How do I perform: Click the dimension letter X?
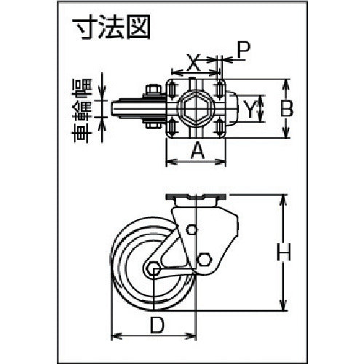pyautogui.click(x=193, y=63)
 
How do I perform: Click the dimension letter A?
pyautogui.click(x=196, y=151)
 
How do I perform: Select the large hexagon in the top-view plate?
pyautogui.click(x=196, y=108)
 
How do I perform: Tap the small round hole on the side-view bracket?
pyautogui.click(x=191, y=231)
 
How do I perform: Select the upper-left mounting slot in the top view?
pyautogui.click(x=172, y=89)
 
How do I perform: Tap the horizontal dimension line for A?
pyautogui.click(x=196, y=161)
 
